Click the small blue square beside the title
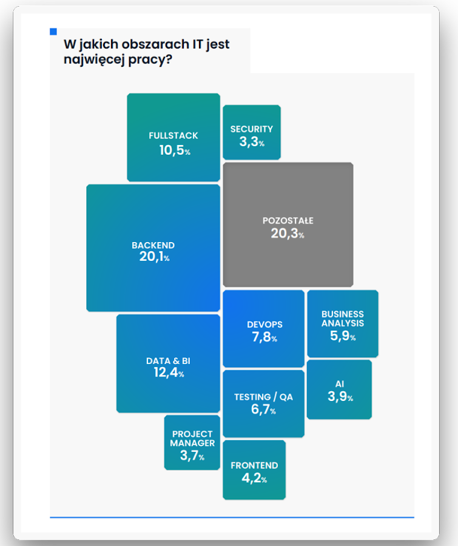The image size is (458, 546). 53,32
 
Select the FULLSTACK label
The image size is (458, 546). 173,136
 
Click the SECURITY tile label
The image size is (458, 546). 252,129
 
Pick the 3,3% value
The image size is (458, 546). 252,143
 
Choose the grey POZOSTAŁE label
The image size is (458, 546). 288,221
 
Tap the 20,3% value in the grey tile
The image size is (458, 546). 288,234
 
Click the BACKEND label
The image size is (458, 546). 153,245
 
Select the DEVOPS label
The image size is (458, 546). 264,325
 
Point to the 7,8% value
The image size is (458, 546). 264,338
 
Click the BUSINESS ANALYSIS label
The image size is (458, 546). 343,318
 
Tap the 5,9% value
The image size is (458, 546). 343,337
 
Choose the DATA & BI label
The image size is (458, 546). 168,361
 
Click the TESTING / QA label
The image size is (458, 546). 263,397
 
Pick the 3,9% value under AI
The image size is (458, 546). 340,397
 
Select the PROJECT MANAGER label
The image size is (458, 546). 192,439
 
